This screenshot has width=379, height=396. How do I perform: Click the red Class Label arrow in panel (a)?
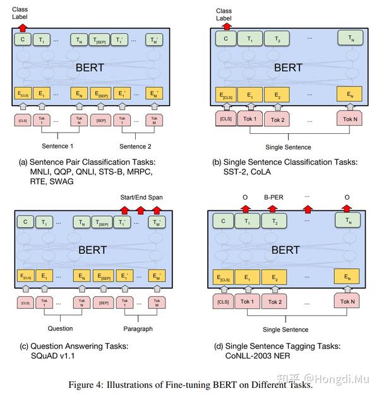[x=23, y=28]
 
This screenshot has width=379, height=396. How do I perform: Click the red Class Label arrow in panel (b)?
[x=224, y=28]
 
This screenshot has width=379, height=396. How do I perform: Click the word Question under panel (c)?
[x=61, y=328]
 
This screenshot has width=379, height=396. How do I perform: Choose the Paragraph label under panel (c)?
[x=138, y=328]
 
